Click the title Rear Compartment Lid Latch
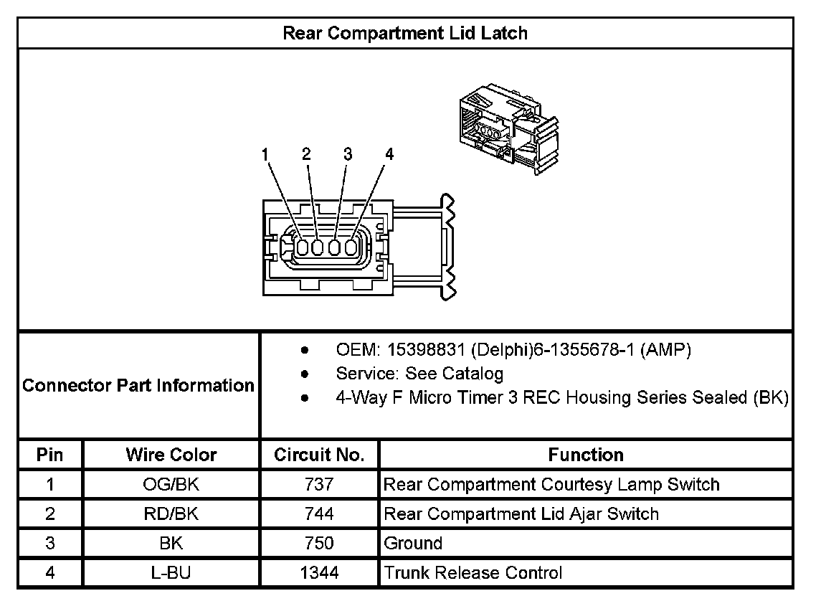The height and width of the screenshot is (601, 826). tap(405, 33)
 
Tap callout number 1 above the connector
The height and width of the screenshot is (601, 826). tap(265, 154)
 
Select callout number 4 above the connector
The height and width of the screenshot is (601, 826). tap(389, 154)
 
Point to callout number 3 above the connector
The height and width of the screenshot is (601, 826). tap(348, 154)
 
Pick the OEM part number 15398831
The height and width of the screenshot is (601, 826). tap(427, 350)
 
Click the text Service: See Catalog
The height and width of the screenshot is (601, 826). tap(419, 374)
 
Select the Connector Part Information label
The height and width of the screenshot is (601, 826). tap(138, 385)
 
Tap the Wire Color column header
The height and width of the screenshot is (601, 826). tap(171, 455)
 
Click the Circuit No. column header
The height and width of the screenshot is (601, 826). tap(319, 455)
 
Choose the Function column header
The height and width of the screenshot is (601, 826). tap(585, 455)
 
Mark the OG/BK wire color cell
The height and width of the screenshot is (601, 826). tap(171, 485)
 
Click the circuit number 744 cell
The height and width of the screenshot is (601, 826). tap(319, 514)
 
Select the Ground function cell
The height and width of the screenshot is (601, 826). tap(413, 544)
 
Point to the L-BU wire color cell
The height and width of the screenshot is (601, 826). tap(171, 573)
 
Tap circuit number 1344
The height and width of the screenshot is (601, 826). tap(319, 573)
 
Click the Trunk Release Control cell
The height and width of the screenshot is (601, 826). tap(473, 573)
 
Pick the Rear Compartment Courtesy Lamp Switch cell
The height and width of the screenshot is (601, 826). tap(551, 485)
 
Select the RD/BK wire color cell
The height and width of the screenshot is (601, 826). tap(171, 514)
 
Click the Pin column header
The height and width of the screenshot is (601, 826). tap(50, 455)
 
